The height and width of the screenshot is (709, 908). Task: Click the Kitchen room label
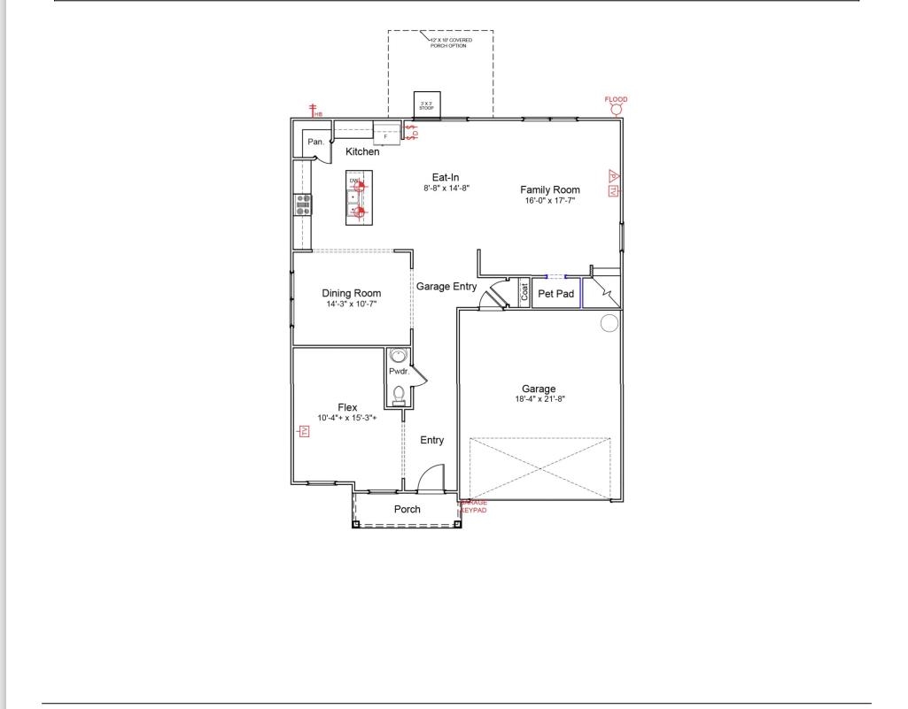[x=362, y=151]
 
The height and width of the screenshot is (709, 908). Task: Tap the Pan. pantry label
[x=314, y=142]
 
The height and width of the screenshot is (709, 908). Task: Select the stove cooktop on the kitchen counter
[x=303, y=205]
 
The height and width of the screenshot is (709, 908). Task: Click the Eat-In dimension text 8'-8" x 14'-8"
[x=445, y=188]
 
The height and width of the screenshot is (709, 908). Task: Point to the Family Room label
[x=549, y=189]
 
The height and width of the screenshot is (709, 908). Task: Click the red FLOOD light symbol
[x=616, y=108]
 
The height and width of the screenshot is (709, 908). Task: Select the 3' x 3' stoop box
[x=426, y=104]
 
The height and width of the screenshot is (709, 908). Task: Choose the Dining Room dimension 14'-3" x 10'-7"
[x=352, y=304]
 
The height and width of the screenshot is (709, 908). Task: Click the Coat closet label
[x=524, y=293]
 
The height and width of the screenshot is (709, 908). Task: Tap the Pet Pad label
[x=556, y=293]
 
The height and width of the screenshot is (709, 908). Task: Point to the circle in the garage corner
[x=609, y=323]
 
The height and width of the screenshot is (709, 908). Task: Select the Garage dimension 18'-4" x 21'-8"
[x=539, y=399]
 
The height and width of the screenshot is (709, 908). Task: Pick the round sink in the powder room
[x=399, y=357]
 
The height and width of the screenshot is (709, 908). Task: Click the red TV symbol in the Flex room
[x=303, y=431]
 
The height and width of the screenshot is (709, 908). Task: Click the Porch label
[x=407, y=509]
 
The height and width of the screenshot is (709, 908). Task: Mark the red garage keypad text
[x=474, y=506]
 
